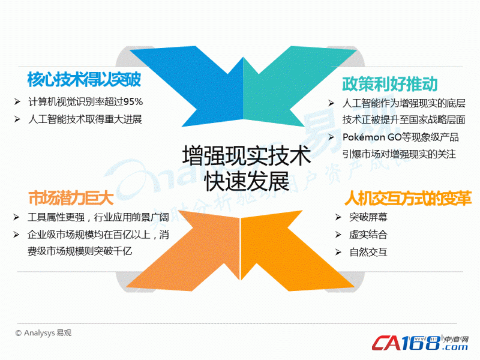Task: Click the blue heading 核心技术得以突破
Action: pyautogui.click(x=84, y=80)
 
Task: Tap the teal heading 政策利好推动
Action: pyautogui.click(x=389, y=84)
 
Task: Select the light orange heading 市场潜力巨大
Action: pyautogui.click(x=71, y=198)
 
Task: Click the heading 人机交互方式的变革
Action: pyautogui.click(x=408, y=198)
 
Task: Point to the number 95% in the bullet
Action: pyautogui.click(x=133, y=101)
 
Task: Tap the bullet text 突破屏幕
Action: pyautogui.click(x=368, y=217)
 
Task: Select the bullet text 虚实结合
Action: pyautogui.click(x=368, y=235)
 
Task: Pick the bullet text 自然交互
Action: pyautogui.click(x=368, y=252)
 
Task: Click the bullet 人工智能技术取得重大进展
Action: pyautogui.click(x=85, y=119)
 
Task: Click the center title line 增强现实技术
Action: pyautogui.click(x=247, y=156)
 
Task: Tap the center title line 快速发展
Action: pyautogui.click(x=247, y=181)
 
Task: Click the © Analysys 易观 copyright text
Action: pyautogui.click(x=43, y=333)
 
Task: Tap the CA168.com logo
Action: pyautogui.click(x=420, y=343)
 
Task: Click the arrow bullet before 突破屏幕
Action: pyautogui.click(x=338, y=217)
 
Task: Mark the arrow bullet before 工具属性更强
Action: pyautogui.click(x=16, y=217)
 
